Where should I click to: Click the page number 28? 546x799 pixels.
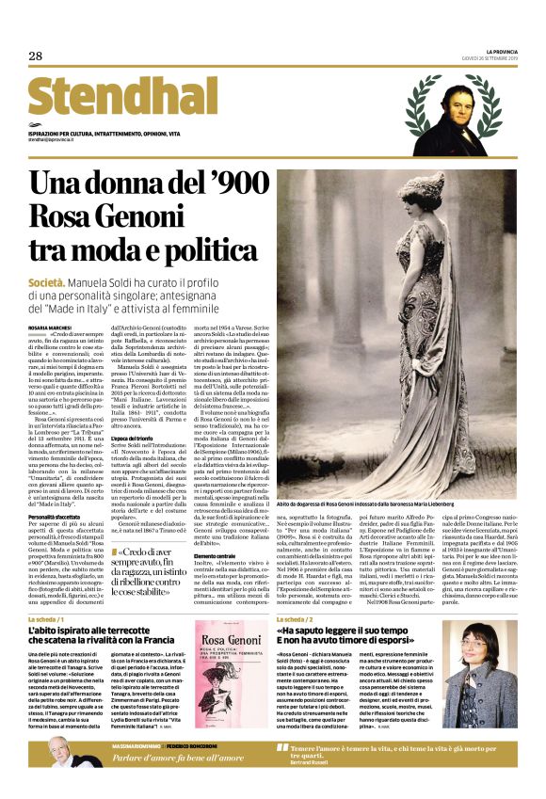36,56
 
